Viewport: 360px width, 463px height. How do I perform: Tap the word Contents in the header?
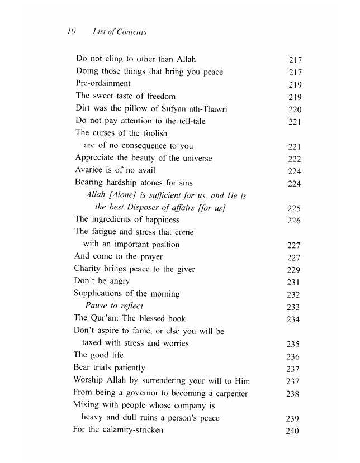click(x=131, y=32)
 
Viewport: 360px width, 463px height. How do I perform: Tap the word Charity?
click(x=90, y=269)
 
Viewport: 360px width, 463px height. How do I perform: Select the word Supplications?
click(x=102, y=293)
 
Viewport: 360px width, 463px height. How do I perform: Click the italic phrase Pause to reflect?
click(x=114, y=306)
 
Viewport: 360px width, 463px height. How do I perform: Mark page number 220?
click(x=295, y=109)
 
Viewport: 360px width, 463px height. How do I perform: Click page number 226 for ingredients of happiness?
click(x=294, y=221)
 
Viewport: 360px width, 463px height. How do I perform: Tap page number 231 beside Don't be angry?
click(x=293, y=282)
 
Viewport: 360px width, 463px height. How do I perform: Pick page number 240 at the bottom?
click(x=292, y=431)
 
